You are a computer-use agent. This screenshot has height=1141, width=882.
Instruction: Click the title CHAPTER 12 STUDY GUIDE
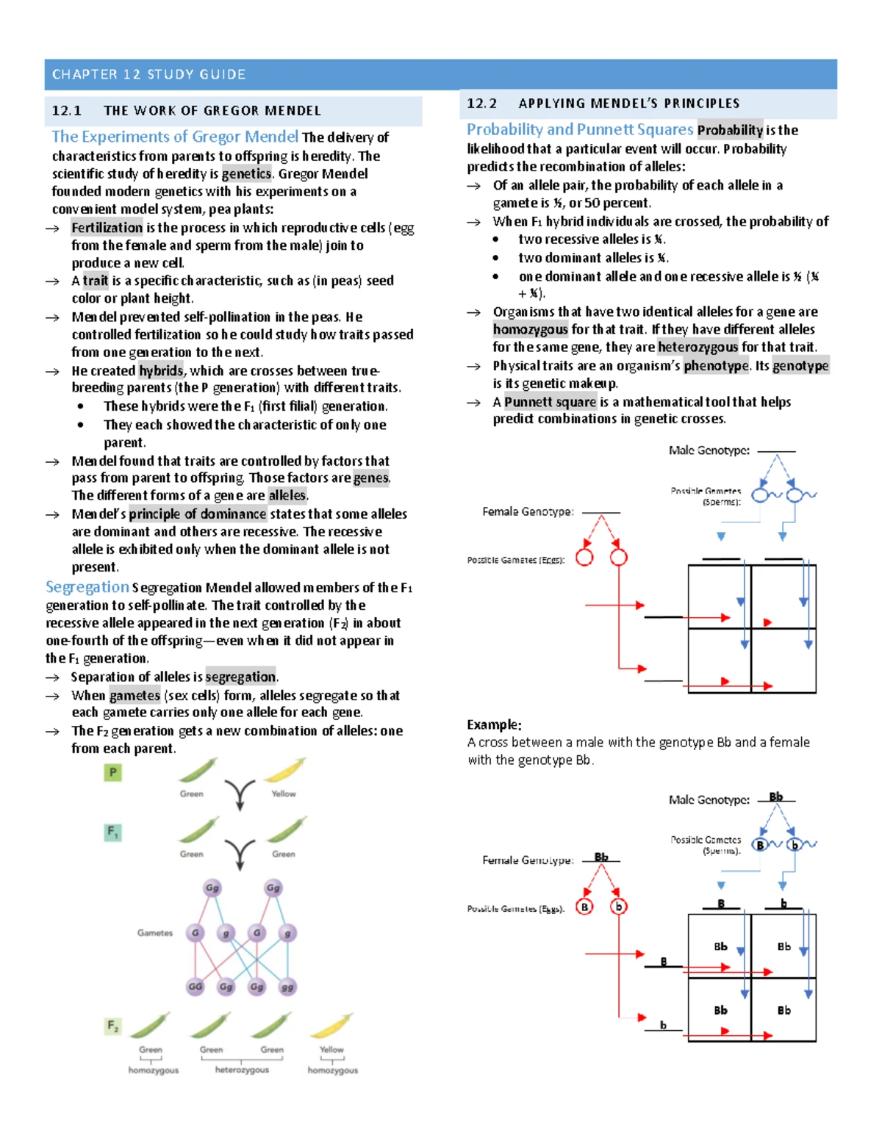click(148, 74)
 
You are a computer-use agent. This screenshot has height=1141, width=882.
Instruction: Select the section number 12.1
click(66, 111)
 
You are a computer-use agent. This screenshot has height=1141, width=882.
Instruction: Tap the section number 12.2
click(481, 104)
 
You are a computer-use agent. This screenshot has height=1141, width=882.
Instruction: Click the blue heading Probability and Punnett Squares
click(580, 129)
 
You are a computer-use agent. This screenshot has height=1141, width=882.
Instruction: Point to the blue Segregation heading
click(87, 587)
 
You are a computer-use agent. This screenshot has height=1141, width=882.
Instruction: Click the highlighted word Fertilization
click(107, 228)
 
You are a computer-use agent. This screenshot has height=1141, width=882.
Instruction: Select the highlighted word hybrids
click(161, 371)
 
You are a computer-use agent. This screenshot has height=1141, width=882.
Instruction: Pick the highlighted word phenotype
click(717, 366)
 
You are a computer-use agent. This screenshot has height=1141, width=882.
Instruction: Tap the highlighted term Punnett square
click(550, 402)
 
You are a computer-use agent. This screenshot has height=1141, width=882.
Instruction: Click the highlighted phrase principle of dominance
click(197, 514)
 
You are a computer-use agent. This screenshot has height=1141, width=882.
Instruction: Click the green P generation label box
click(112, 772)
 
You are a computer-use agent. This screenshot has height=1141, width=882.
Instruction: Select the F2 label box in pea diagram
click(112, 1025)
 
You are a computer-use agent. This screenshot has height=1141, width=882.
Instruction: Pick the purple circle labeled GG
click(195, 987)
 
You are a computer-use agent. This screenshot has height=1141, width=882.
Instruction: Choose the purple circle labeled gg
click(287, 987)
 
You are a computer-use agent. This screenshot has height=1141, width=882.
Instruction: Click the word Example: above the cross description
click(494, 724)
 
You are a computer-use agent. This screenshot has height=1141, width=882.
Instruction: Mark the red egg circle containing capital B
click(584, 907)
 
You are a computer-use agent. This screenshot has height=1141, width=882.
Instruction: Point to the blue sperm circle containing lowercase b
click(794, 845)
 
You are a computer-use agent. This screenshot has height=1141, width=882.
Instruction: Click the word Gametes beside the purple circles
click(154, 933)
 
